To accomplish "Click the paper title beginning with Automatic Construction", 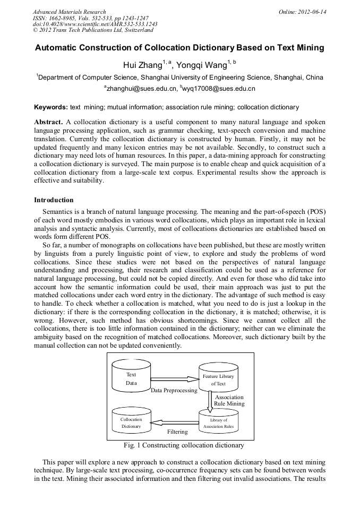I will point(179,48).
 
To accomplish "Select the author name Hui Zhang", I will point(142,65).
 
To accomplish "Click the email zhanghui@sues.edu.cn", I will point(140,89).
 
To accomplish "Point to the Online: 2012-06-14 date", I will point(302,12).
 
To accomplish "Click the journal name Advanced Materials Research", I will point(69,12).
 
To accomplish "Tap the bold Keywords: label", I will point(50,107).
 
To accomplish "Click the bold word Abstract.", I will point(48,122).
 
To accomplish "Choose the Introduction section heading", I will point(54,200).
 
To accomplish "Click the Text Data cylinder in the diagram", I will point(131,378).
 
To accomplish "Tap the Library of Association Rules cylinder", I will point(218,422).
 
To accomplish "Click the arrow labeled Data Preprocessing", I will point(174,379).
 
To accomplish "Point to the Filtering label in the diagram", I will point(177,432).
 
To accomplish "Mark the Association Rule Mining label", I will point(229,400).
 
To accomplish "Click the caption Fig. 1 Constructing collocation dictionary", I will point(183,445).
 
